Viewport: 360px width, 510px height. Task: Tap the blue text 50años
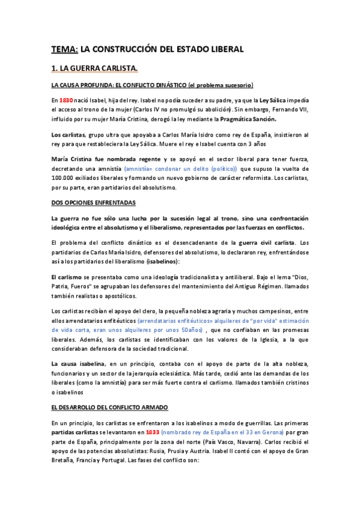189,330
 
